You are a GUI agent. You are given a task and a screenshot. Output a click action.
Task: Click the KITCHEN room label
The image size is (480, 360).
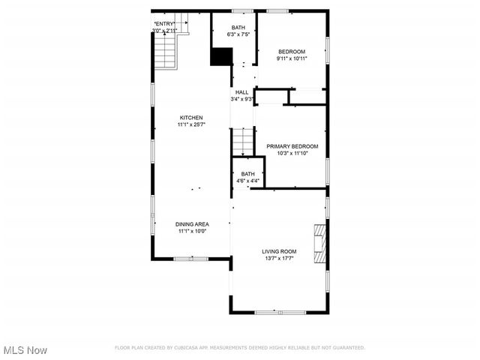point(190,118)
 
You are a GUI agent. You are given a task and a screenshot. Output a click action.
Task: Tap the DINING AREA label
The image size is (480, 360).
point(193,223)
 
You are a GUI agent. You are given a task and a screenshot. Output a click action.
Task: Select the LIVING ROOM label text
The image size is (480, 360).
point(279,251)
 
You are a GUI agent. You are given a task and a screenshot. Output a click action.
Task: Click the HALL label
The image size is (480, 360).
point(242,92)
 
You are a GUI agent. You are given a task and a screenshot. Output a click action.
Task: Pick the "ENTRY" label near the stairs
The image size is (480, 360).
point(164,24)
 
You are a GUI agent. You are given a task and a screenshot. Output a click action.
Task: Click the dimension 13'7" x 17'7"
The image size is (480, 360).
point(279,259)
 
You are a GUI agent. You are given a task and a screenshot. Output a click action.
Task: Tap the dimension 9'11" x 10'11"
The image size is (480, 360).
point(292,58)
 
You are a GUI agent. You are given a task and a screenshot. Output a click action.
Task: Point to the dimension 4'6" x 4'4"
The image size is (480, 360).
point(247,181)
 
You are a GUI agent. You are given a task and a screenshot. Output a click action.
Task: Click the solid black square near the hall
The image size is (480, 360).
point(221,58)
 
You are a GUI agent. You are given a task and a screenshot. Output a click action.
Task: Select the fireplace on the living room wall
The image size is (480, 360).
point(321,244)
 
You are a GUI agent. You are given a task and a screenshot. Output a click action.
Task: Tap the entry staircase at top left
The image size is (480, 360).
point(165,51)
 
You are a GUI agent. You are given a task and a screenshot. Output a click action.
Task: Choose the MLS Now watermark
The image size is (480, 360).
point(24,350)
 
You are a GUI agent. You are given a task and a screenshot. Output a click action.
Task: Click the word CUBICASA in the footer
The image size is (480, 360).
point(196,348)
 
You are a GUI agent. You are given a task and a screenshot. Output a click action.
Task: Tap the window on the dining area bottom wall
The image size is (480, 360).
point(191,258)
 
